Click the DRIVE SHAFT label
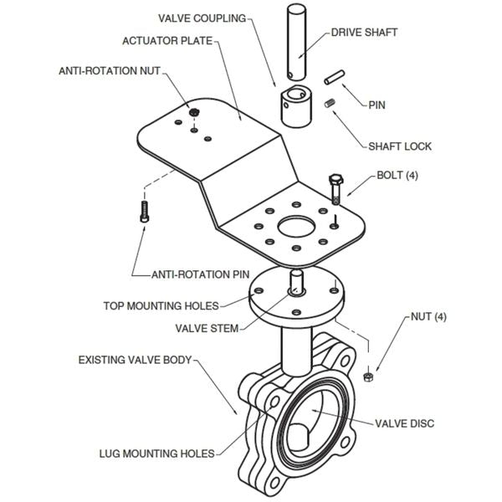tap(364, 33)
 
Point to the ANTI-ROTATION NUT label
tap(109, 72)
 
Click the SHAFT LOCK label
tap(400, 146)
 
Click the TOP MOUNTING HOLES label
tap(161, 305)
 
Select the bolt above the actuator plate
tap(336, 188)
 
